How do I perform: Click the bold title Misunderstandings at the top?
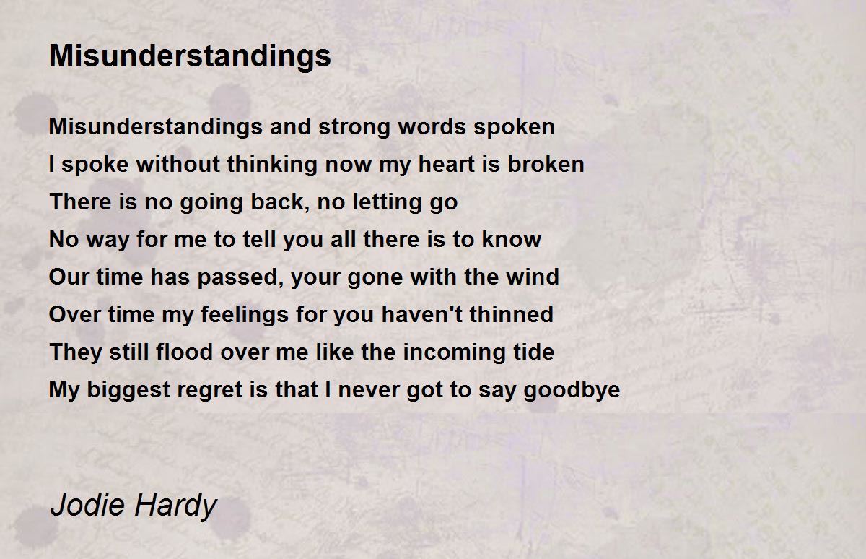(x=190, y=57)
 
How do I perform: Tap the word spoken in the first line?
(x=514, y=128)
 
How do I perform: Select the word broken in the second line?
(x=546, y=164)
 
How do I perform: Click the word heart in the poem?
(x=447, y=164)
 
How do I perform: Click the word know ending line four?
(x=511, y=239)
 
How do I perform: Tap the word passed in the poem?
(x=240, y=278)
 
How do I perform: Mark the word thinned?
(x=511, y=314)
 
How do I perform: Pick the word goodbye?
(x=572, y=390)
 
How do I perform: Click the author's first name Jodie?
(x=88, y=506)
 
